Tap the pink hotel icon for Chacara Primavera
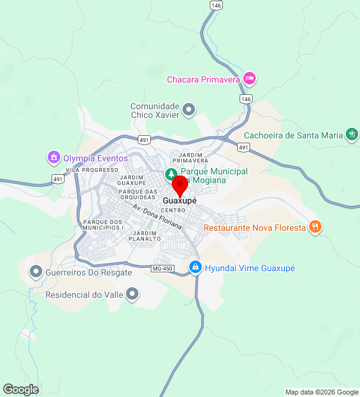[250, 79]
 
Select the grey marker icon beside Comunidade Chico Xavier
[190, 110]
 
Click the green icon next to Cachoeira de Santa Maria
[353, 135]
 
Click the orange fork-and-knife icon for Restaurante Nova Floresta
[315, 227]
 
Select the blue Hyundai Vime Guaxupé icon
[195, 267]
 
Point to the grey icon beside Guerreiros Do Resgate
[36, 272]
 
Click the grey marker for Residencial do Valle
[132, 294]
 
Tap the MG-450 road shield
[162, 268]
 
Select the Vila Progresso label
[92, 169]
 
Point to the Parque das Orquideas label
[138, 194]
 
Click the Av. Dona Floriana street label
[157, 217]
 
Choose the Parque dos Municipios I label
[104, 225]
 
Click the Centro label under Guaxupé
[173, 211]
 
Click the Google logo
[20, 390]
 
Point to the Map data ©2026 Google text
[322, 392]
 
